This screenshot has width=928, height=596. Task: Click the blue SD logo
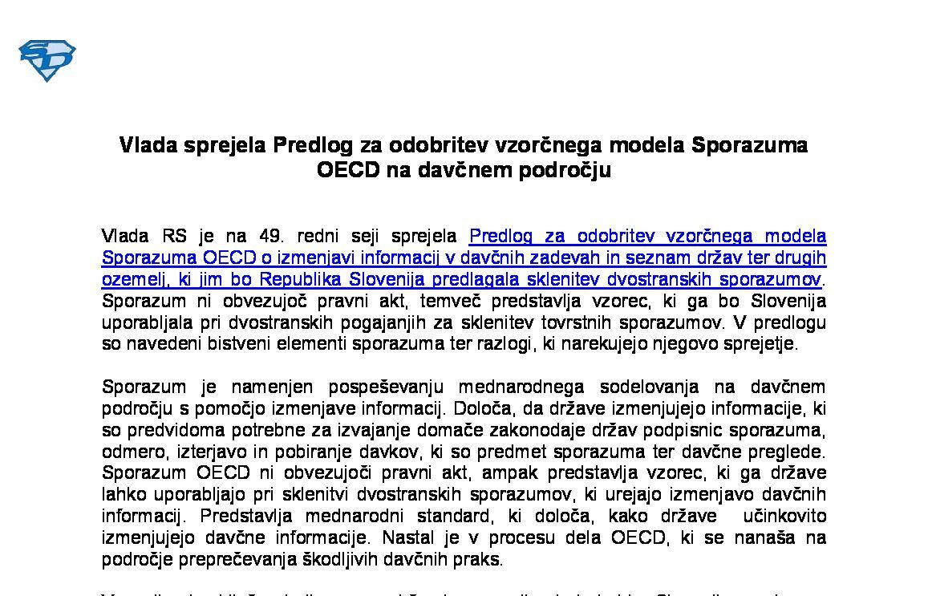47,60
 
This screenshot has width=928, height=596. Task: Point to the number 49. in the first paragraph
271,237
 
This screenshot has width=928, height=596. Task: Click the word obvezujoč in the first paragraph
261,302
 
